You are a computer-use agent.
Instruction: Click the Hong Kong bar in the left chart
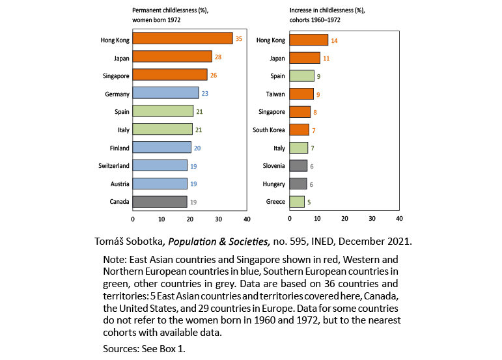point(182,39)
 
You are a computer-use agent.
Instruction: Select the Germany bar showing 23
point(165,93)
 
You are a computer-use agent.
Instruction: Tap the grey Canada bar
point(160,202)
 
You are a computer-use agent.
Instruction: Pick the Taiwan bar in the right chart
point(301,94)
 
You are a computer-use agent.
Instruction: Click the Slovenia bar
point(298,166)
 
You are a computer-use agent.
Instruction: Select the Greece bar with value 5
point(297,202)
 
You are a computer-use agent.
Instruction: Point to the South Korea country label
point(269,130)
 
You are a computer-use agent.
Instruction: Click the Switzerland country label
point(114,165)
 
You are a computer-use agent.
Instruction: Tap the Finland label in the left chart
point(119,148)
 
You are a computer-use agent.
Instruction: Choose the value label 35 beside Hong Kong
point(239,39)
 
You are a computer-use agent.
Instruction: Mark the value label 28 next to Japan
point(219,58)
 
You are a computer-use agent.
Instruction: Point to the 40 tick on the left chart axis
point(247,219)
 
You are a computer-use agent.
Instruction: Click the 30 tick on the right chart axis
point(372,219)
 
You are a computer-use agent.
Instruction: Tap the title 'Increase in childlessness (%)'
point(328,10)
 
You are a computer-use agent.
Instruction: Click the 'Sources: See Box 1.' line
point(144,349)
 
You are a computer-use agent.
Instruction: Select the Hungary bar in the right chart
point(298,184)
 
